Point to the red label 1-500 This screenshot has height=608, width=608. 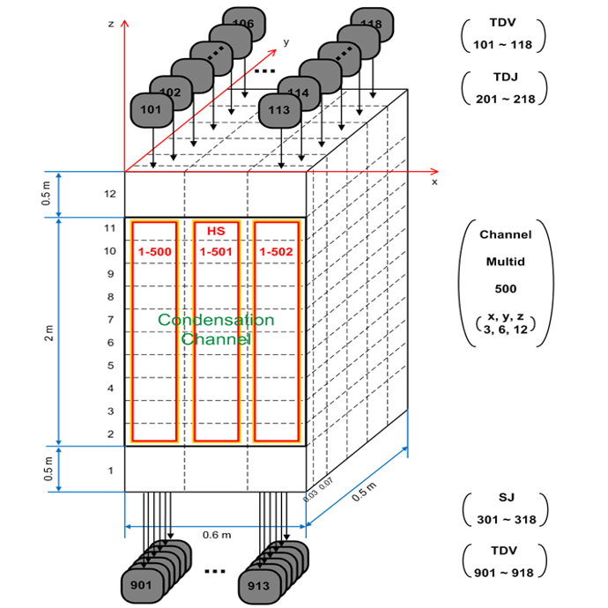click(154, 253)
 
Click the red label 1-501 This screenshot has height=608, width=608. click(216, 253)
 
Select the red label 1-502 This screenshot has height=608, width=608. click(277, 253)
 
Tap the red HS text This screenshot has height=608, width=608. click(216, 231)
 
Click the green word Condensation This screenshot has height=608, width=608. click(216, 320)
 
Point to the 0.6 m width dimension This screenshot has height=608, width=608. click(216, 535)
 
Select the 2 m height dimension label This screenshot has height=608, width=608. click(50, 331)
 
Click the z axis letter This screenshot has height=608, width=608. click(110, 24)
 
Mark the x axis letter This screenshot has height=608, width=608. click(434, 182)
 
